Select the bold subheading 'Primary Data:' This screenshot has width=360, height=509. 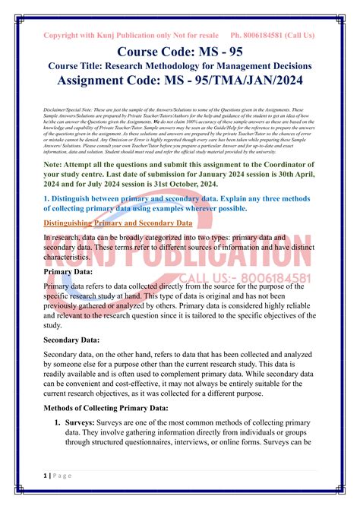point(71,271)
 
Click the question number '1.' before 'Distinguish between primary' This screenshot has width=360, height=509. point(48,196)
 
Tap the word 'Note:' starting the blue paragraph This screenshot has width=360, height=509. point(56,162)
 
